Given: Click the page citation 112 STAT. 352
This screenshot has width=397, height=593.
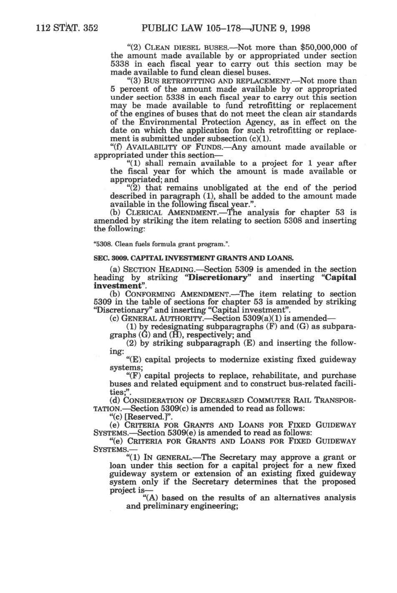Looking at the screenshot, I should (67, 28).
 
